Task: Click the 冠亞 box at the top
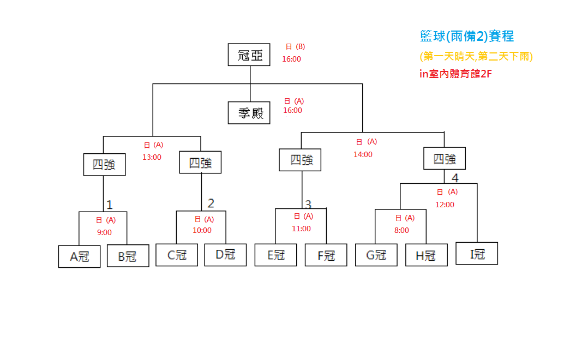pyautogui.click(x=249, y=55)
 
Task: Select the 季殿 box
pyautogui.click(x=249, y=113)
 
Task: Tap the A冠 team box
pyautogui.click(x=80, y=256)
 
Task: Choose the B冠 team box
pyautogui.click(x=128, y=256)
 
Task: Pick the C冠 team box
pyautogui.click(x=177, y=255)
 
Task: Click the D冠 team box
pyautogui.click(x=225, y=255)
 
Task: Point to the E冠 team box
pyautogui.click(x=275, y=255)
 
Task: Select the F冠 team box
pyautogui.click(x=326, y=255)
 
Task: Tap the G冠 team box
pyautogui.click(x=376, y=255)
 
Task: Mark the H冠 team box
pyautogui.click(x=426, y=255)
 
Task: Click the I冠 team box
pyautogui.click(x=477, y=253)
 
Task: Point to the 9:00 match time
pyautogui.click(x=104, y=232)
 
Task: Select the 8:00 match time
pyautogui.click(x=401, y=230)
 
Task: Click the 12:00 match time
pyautogui.click(x=445, y=205)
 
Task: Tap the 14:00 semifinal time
pyautogui.click(x=363, y=154)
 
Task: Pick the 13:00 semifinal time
pyautogui.click(x=152, y=157)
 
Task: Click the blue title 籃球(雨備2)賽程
pyautogui.click(x=467, y=37)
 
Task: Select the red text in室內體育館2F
pyautogui.click(x=456, y=74)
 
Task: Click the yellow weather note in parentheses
pyautogui.click(x=476, y=56)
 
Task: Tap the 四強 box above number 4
pyautogui.click(x=445, y=159)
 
